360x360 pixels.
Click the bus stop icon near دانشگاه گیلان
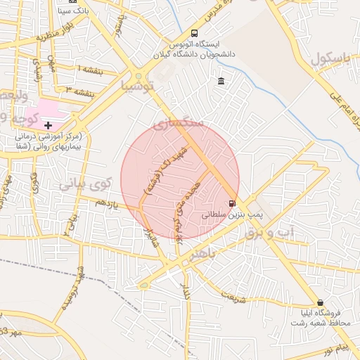[194, 33]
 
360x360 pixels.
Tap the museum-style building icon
[221, 82]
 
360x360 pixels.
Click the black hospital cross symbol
[48, 124]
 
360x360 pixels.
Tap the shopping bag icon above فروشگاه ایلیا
[320, 302]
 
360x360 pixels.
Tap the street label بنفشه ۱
[90, 70]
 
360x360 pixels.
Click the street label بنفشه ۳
[79, 91]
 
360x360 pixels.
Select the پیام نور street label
[333, 349]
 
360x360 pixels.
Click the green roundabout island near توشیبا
[139, 75]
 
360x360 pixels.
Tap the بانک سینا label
[74, 11]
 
